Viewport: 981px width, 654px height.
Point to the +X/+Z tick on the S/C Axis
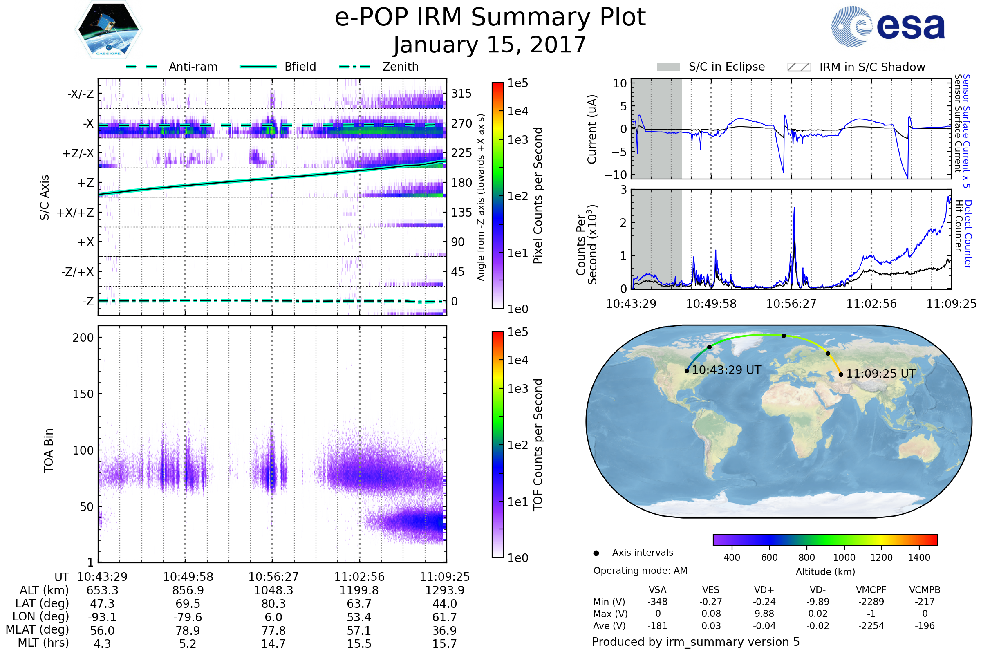click(x=75, y=213)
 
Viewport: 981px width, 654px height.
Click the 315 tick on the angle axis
click(x=461, y=94)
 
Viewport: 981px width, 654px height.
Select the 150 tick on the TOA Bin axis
click(x=83, y=394)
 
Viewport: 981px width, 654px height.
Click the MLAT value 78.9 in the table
click(x=188, y=631)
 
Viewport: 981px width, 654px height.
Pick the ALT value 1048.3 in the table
click(x=273, y=591)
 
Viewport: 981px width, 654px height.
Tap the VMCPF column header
click(x=871, y=590)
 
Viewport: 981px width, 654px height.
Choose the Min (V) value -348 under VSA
click(x=657, y=602)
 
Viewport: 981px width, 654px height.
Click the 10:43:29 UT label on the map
click(x=726, y=370)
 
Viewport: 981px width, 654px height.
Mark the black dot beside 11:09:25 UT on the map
click(x=841, y=374)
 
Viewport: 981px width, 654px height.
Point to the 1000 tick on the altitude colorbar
click(x=844, y=558)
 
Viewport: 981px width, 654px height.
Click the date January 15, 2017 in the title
click(x=490, y=45)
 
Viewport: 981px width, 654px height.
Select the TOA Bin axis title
click(x=49, y=450)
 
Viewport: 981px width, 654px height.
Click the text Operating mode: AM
click(x=640, y=571)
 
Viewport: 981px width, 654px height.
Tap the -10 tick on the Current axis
click(x=616, y=175)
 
